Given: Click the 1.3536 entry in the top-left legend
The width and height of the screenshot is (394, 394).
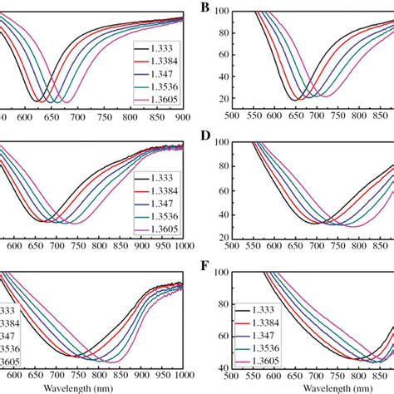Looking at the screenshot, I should [164, 86].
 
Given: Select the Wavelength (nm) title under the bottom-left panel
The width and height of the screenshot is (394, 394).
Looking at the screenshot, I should [90, 387].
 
